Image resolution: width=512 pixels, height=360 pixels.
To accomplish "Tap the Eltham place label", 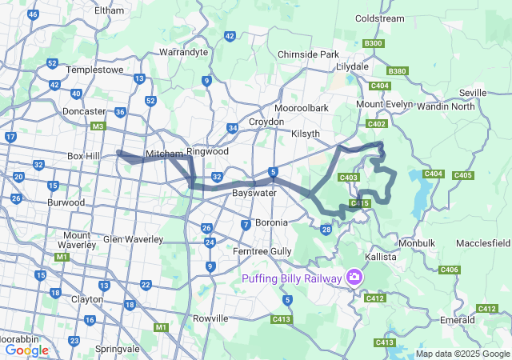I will click(109, 10).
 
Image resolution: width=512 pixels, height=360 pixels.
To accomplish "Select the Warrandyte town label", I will click(184, 52).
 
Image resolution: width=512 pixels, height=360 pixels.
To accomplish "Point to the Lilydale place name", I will click(352, 66).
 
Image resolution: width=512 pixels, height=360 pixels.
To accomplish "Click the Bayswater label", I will click(254, 194).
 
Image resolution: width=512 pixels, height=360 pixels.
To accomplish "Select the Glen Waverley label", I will click(133, 239).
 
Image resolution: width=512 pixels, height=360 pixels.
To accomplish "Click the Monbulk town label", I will click(416, 242).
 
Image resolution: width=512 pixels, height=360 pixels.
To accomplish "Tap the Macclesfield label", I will click(483, 242).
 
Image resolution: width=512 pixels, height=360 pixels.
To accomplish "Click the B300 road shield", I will click(373, 43).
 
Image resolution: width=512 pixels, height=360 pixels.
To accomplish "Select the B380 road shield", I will click(398, 71).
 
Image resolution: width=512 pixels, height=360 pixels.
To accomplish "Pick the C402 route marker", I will click(377, 124).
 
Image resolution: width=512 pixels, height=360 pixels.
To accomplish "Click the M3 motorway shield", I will click(98, 126).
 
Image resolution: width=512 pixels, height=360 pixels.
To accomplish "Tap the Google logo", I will click(26, 350).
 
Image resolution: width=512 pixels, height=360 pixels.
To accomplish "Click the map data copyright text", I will click(462, 354).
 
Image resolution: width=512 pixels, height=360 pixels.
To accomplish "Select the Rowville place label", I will click(210, 318).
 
